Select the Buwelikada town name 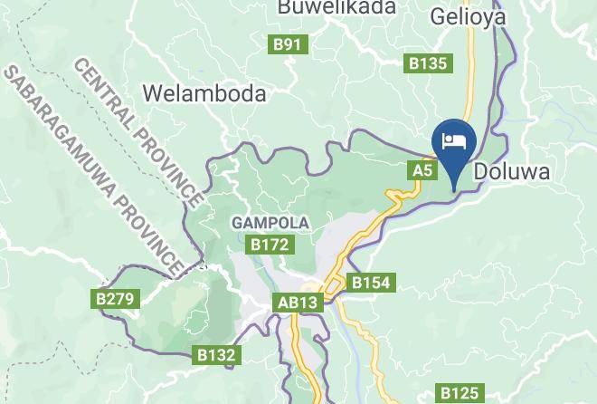[x=336, y=8]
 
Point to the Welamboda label [x=204, y=93]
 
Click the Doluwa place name [x=512, y=170]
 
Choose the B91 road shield [x=290, y=43]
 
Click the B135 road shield [x=427, y=63]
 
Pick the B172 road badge [x=270, y=244]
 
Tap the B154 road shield [x=371, y=284]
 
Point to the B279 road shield [x=113, y=298]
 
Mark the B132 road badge [x=218, y=356]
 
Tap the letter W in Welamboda [x=152, y=93]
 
